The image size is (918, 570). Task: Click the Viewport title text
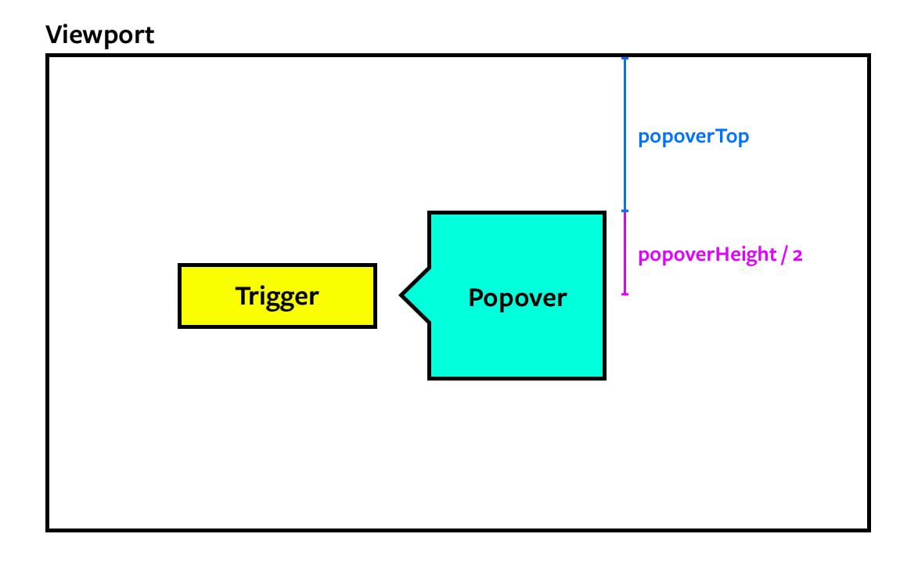coord(99,34)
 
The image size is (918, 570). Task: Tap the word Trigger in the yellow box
coord(277,296)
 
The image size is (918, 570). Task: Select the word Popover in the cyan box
coord(517,298)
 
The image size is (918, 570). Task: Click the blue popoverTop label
coord(693,136)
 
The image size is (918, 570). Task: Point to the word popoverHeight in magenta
coord(704,255)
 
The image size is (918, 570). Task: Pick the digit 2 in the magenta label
coord(797,256)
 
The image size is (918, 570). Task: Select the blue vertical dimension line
coord(625,133)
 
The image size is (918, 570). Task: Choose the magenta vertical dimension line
coord(625,253)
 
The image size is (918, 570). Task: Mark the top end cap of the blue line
coord(625,58)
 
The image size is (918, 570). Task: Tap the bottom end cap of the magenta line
coord(625,294)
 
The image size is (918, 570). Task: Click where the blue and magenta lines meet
coord(625,211)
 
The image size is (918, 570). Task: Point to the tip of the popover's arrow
coord(401,295)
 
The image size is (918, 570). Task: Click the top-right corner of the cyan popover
coord(604,213)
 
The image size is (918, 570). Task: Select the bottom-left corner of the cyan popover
coord(430,377)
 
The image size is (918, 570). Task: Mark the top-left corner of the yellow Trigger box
coord(180,265)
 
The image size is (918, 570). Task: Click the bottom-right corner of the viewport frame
coord(869,529)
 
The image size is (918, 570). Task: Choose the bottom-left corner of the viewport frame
coord(48,529)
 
